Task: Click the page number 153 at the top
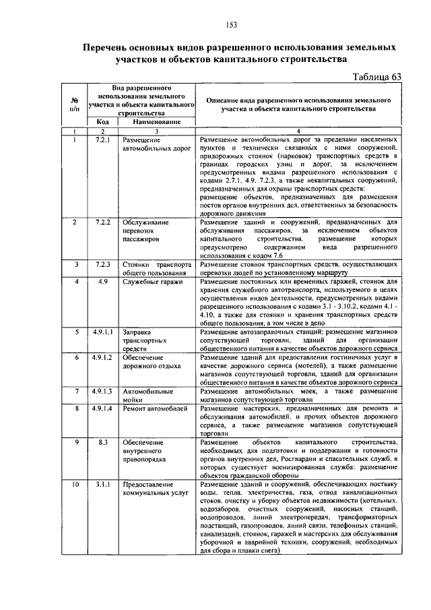[x=231, y=25]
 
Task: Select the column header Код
[x=103, y=122]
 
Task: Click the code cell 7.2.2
[x=103, y=222]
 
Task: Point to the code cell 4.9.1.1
[x=103, y=332]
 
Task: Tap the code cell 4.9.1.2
[x=103, y=357]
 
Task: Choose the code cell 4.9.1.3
[x=103, y=391]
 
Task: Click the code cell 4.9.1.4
[x=103, y=408]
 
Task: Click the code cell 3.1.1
[x=103, y=485]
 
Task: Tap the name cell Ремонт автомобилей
[x=156, y=408]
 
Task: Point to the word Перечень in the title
[x=109, y=49]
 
